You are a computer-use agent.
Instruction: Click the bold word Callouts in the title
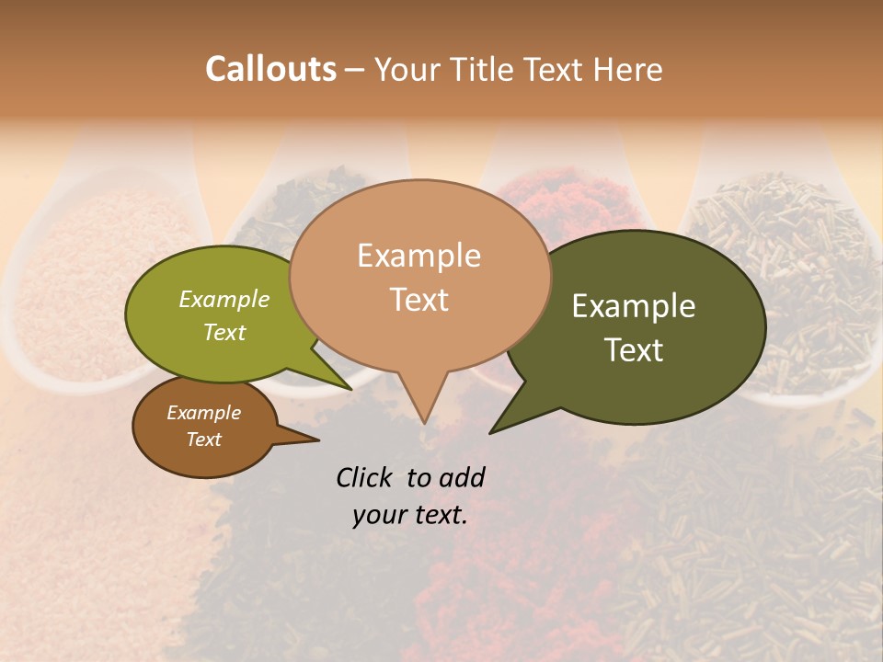(x=270, y=69)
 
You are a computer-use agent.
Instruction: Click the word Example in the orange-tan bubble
(x=419, y=256)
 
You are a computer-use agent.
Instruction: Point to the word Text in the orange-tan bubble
(x=419, y=299)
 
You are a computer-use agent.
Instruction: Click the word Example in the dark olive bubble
(x=634, y=306)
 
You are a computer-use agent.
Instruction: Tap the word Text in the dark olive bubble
(x=634, y=349)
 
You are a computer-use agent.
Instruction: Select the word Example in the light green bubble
(x=224, y=300)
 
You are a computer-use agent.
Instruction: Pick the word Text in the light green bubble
(x=224, y=332)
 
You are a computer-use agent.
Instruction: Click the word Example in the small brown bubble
(x=203, y=413)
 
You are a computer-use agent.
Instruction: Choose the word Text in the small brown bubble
(x=203, y=439)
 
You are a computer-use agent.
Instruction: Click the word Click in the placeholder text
(x=366, y=477)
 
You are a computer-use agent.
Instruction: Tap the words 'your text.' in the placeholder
(x=409, y=515)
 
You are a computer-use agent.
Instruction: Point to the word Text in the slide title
(x=556, y=69)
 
